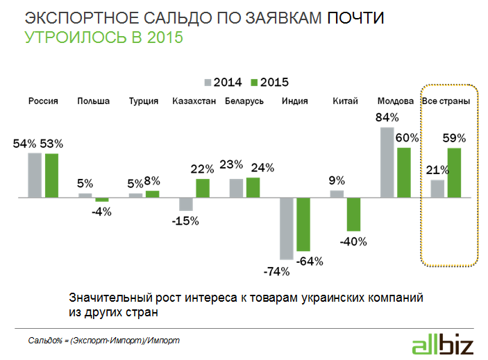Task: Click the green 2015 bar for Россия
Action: pos(51,175)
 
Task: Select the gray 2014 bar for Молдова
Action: pos(387,162)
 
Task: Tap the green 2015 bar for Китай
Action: pos(353,214)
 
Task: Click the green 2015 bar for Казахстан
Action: pos(202,188)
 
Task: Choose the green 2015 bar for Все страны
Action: pos(454,173)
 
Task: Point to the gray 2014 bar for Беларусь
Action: pos(236,188)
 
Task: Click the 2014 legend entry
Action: pos(223,83)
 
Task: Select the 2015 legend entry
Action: pos(269,83)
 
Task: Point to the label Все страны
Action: pos(446,101)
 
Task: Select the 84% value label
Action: pos(386,117)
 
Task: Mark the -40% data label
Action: pos(354,242)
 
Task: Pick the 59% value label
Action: pos(455,137)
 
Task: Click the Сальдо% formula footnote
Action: pos(103,341)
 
